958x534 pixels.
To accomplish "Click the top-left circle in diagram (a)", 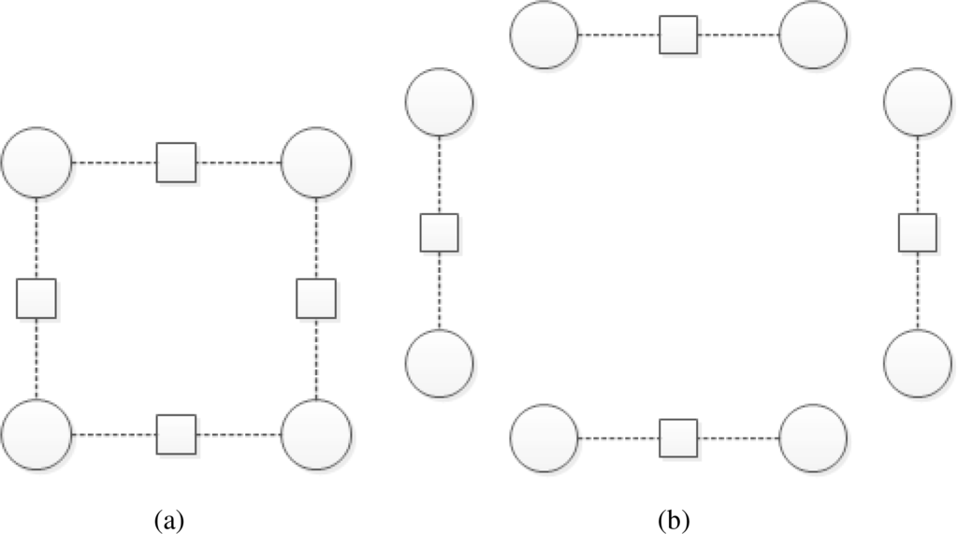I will (36, 163).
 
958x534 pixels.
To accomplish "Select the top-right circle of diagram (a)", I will (316, 163).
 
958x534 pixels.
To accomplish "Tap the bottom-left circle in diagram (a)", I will (36, 435).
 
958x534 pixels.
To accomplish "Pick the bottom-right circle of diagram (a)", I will (316, 435).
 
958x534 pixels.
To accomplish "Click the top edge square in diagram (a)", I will (176, 163).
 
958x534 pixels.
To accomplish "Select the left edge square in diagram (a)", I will (36, 298).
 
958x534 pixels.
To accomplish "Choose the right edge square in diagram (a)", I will (316, 298).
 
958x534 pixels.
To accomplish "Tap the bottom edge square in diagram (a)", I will (176, 435).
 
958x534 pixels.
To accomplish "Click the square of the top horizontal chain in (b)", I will (679, 36).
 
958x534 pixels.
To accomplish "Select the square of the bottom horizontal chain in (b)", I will (679, 439).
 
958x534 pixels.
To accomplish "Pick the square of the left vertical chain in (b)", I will (439, 233).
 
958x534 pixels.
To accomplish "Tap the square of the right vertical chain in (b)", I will (918, 233).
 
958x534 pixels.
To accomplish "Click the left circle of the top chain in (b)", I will (544, 36).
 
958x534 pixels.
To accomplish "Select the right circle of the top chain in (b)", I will (813, 36).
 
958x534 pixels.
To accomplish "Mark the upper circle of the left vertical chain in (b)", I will (439, 102).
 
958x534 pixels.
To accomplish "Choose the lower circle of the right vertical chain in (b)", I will (918, 364).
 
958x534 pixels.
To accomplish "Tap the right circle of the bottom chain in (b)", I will (813, 439).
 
